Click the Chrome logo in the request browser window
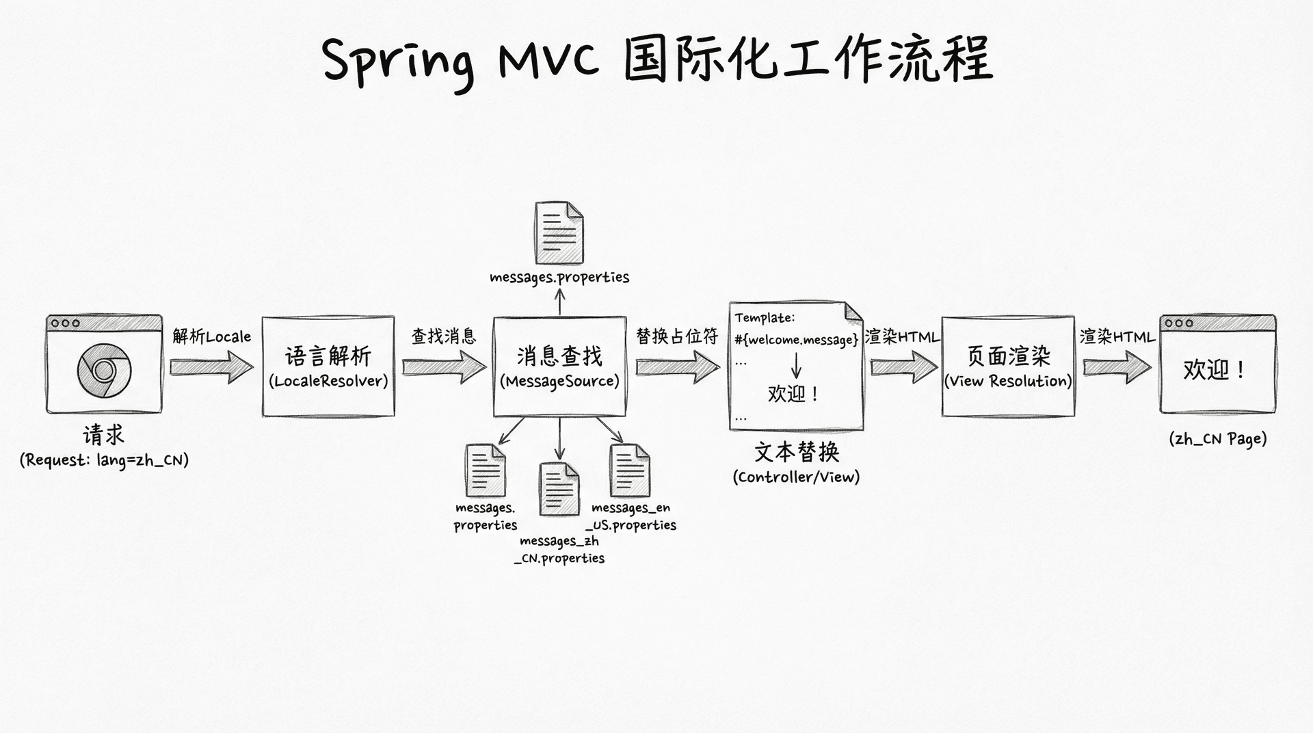point(103,371)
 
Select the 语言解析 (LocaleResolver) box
point(328,366)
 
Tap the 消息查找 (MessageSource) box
point(559,366)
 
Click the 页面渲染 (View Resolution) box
point(1007,366)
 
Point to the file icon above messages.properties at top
point(559,233)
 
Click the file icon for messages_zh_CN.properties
point(559,489)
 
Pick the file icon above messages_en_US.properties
point(629,470)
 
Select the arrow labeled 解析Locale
point(211,367)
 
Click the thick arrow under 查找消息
point(444,367)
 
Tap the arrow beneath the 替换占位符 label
point(677,367)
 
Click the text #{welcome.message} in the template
point(796,340)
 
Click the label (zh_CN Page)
point(1217,439)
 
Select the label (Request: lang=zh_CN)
point(104,460)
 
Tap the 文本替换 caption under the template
point(796,451)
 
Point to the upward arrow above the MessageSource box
point(559,302)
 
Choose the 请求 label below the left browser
point(103,435)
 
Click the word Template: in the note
point(765,318)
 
